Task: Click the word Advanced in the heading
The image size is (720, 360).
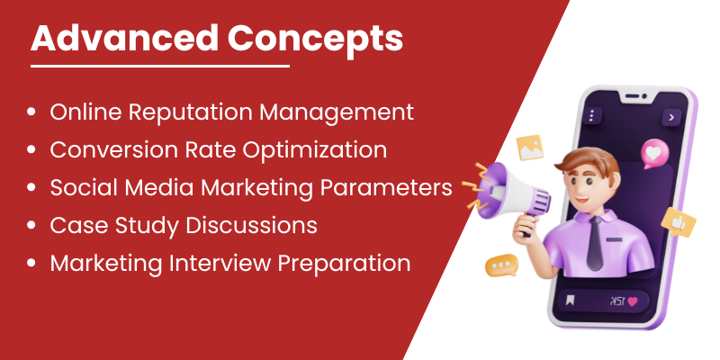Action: (x=124, y=38)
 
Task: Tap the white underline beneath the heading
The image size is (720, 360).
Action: (x=160, y=66)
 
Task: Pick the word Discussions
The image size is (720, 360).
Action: (x=252, y=226)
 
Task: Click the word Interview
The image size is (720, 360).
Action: (x=220, y=263)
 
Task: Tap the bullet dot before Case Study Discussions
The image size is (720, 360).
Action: (x=31, y=226)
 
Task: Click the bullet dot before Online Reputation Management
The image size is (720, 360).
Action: (x=31, y=112)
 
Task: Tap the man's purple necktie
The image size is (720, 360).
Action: (x=596, y=242)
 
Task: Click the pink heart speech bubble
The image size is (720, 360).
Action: (x=654, y=153)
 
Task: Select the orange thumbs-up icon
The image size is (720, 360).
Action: (x=679, y=221)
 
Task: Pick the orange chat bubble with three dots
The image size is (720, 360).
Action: (x=501, y=265)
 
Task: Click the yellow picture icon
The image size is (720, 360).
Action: (x=530, y=148)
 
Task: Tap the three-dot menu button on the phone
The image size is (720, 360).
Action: (x=591, y=115)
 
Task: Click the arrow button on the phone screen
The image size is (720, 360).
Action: (x=671, y=118)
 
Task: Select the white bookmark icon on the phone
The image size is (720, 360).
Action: (x=570, y=301)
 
